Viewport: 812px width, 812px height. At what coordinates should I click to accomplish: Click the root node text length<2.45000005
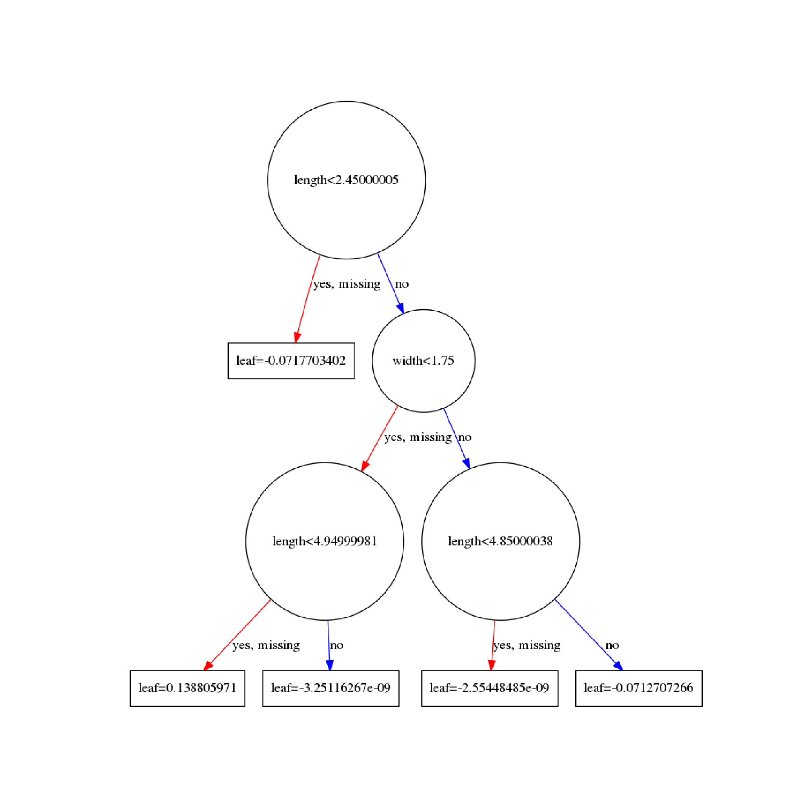[346, 180]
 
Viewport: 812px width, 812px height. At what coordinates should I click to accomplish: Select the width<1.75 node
[423, 360]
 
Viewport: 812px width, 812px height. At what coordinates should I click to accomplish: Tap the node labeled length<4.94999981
[324, 541]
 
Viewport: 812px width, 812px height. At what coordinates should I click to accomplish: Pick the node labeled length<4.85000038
[500, 541]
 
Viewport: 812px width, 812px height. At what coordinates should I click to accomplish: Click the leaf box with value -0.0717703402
[291, 360]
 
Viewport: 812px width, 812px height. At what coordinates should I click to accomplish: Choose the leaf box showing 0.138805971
[187, 688]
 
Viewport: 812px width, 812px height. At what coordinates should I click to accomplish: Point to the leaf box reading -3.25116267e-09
[331, 688]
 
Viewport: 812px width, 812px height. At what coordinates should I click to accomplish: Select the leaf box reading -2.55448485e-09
[489, 688]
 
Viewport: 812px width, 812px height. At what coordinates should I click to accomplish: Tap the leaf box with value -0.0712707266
[639, 688]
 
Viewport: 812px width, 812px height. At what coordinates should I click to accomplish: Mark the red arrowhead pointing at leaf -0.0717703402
[297, 337]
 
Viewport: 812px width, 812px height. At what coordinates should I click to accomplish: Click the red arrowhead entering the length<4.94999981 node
[364, 466]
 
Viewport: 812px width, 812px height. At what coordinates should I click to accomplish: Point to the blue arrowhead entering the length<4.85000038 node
[467, 463]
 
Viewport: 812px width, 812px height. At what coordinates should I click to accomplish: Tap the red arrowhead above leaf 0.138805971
[208, 665]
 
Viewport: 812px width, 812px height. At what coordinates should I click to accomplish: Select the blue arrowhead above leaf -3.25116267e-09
[329, 665]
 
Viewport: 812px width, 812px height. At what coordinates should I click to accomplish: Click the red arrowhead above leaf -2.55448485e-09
[492, 665]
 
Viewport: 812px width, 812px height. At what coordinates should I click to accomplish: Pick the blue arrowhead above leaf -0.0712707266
[618, 665]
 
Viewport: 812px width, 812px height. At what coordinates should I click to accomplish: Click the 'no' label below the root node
[401, 284]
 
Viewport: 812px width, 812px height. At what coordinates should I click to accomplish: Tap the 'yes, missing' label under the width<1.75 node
[418, 437]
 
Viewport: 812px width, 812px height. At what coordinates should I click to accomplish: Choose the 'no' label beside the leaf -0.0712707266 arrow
[612, 646]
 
